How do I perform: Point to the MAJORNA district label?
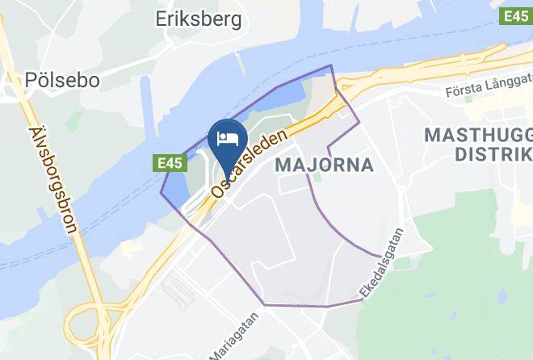(x=324, y=165)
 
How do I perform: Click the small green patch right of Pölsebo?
(x=74, y=122)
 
